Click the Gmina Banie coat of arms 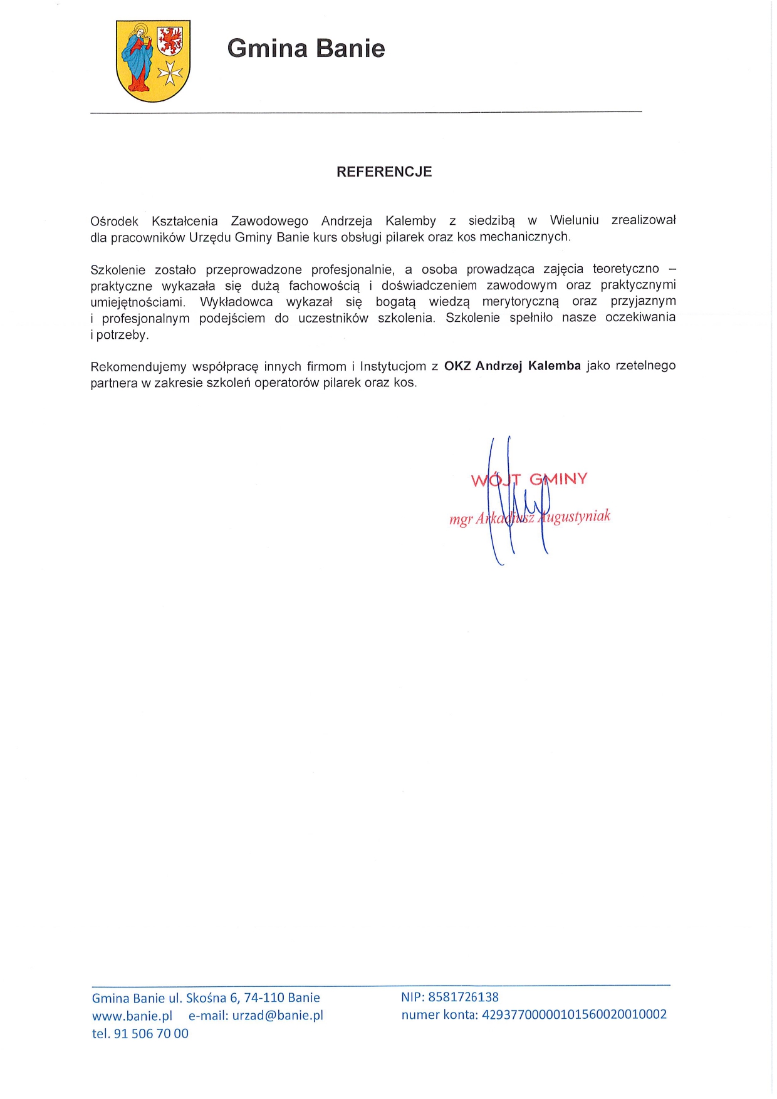tap(153, 61)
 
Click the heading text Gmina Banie tap(306, 48)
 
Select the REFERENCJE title tap(384, 172)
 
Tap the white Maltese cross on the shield tap(169, 73)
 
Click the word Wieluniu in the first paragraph tap(574, 220)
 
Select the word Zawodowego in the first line tap(269, 221)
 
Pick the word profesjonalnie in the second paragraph tap(352, 270)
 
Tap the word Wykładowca tap(236, 302)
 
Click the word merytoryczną tap(520, 302)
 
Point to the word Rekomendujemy tap(138, 367)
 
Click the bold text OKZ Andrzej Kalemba tap(512, 366)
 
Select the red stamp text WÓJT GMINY tap(529, 480)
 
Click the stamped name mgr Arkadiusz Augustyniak tap(529, 517)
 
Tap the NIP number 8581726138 tap(463, 997)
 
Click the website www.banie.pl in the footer tap(132, 1016)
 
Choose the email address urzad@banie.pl tap(278, 1016)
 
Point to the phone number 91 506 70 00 tap(151, 1034)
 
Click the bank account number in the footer tap(574, 1014)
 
